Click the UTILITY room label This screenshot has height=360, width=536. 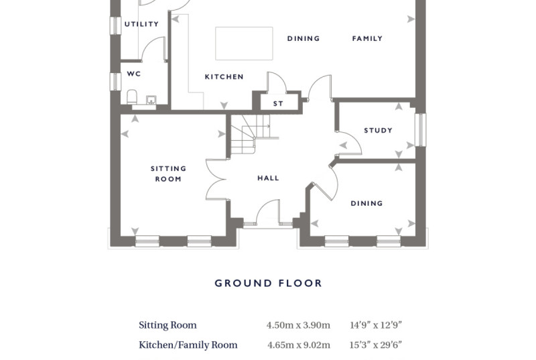pyautogui.click(x=141, y=24)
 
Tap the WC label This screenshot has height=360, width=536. pyautogui.click(x=133, y=74)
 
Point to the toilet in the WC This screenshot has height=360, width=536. pyautogui.click(x=132, y=97)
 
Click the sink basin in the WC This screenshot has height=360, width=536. pyautogui.click(x=151, y=100)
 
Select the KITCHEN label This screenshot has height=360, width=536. pyautogui.click(x=224, y=76)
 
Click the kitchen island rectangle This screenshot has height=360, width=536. pyautogui.click(x=244, y=44)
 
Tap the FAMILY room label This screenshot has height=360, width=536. pyautogui.click(x=367, y=38)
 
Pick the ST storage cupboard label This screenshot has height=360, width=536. pyautogui.click(x=278, y=103)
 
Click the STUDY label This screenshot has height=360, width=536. pyautogui.click(x=378, y=130)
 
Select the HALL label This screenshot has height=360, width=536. pyautogui.click(x=268, y=178)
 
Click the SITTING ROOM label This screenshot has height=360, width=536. pyautogui.click(x=169, y=174)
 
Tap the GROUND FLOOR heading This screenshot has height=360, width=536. pyautogui.click(x=269, y=283)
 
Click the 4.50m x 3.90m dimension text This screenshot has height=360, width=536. pyautogui.click(x=298, y=324)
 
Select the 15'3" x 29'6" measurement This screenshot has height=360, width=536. pyautogui.click(x=375, y=345)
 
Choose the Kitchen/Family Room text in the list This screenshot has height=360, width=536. pyautogui.click(x=188, y=345)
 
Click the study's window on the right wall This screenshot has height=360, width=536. pyautogui.click(x=421, y=130)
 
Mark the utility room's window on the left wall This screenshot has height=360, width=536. pyautogui.click(x=115, y=25)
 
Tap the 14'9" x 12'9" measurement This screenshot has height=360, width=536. pyautogui.click(x=376, y=324)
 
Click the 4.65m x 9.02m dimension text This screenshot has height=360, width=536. pyautogui.click(x=299, y=345)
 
